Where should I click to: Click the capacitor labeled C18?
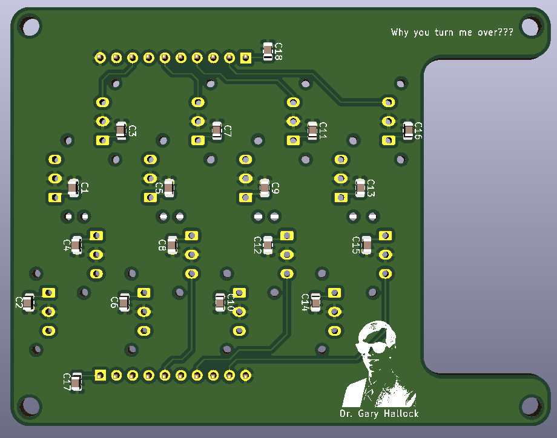click(268, 51)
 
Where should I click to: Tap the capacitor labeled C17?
click(76, 382)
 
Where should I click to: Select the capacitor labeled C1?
click(73, 188)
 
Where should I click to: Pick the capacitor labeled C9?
click(265, 188)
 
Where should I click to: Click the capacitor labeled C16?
click(408, 131)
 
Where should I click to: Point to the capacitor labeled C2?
click(28, 302)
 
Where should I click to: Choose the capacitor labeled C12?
click(268, 245)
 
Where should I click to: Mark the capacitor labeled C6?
click(124, 302)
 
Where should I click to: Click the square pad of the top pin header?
click(246, 57)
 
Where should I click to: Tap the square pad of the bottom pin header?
click(100, 375)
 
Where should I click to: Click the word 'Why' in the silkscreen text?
click(400, 33)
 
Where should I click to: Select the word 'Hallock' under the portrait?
click(401, 414)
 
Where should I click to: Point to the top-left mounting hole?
click(30, 26)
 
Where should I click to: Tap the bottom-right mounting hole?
click(531, 407)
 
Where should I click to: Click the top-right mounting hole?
click(531, 26)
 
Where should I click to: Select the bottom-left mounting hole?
click(30, 407)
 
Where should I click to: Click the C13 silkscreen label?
click(371, 188)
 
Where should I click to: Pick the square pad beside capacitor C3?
click(103, 140)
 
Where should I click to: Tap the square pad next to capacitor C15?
click(386, 236)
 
